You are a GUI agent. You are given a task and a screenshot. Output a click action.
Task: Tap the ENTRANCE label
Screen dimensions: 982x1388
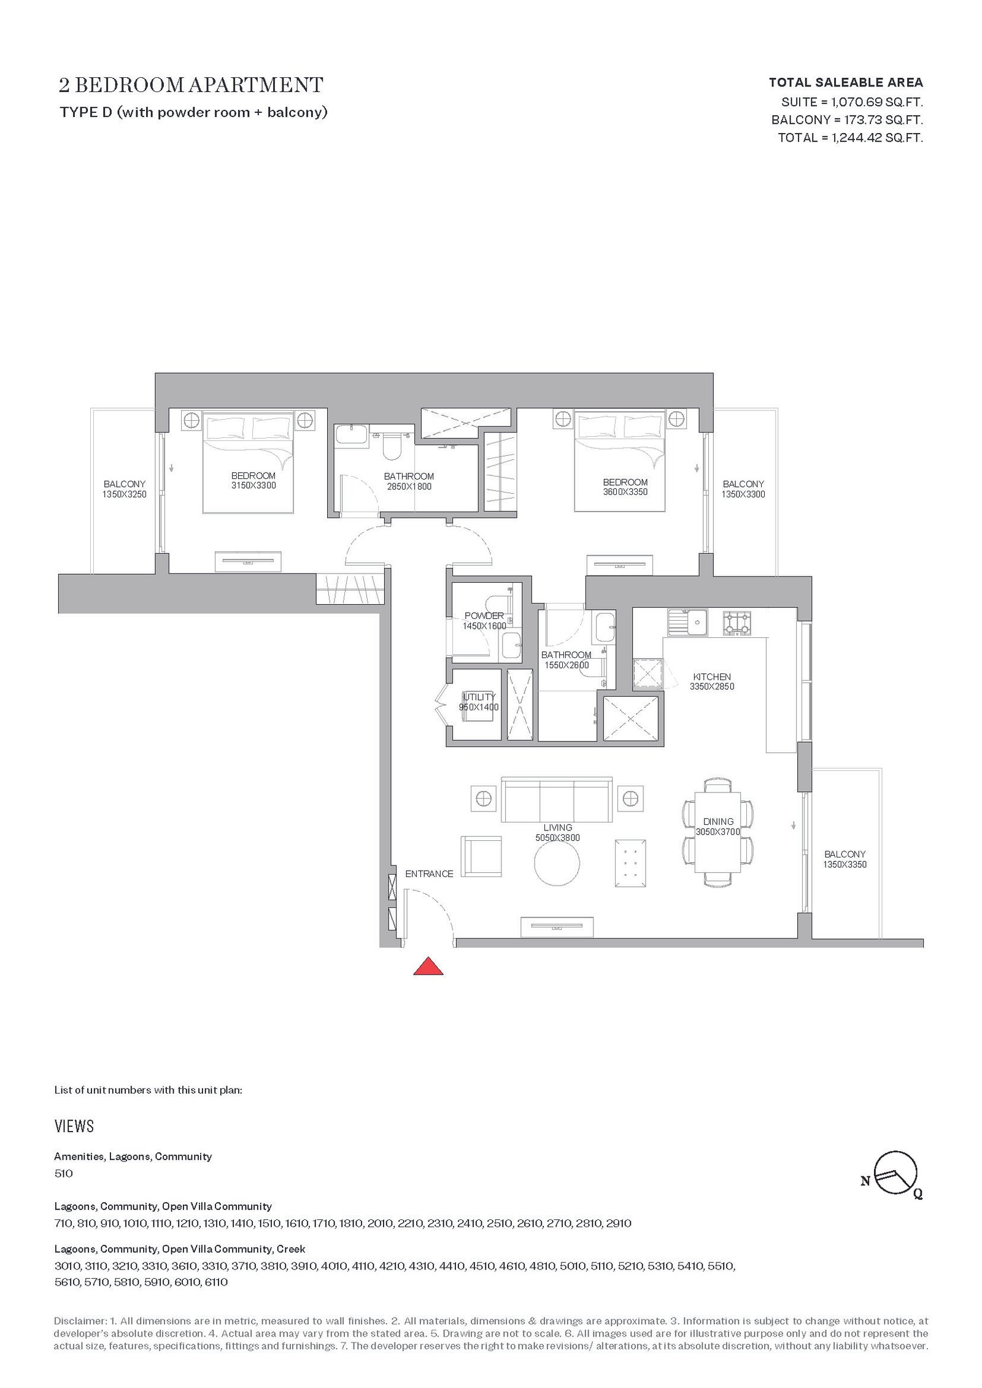pyautogui.click(x=429, y=873)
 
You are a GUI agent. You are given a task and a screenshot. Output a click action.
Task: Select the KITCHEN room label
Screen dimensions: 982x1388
pyautogui.click(x=712, y=677)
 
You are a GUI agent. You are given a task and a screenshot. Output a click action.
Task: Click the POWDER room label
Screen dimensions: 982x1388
pyautogui.click(x=484, y=616)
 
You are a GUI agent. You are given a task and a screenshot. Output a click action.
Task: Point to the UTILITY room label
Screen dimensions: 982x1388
pyautogui.click(x=479, y=697)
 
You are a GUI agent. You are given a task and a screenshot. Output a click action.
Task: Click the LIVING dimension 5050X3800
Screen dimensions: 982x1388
pyautogui.click(x=557, y=838)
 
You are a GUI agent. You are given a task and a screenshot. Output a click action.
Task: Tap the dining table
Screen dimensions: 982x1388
pyautogui.click(x=718, y=832)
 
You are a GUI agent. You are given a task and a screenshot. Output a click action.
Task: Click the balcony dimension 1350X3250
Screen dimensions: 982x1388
pyautogui.click(x=125, y=494)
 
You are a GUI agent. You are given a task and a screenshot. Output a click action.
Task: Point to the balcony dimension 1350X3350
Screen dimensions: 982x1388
pyautogui.click(x=845, y=864)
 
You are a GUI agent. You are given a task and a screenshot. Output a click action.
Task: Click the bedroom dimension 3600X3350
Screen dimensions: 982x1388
pyautogui.click(x=625, y=491)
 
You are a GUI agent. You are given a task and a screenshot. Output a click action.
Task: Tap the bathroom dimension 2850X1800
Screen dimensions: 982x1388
pyautogui.click(x=409, y=486)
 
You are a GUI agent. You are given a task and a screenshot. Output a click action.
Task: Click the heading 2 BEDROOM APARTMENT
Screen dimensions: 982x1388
pyautogui.click(x=191, y=85)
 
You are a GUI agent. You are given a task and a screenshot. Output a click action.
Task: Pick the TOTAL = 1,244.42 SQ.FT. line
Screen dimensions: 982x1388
pyautogui.click(x=851, y=137)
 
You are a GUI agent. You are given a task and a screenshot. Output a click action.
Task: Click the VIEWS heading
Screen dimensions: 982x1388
pyautogui.click(x=74, y=1126)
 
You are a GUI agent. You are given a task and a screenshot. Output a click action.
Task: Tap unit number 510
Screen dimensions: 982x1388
pyautogui.click(x=63, y=1173)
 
